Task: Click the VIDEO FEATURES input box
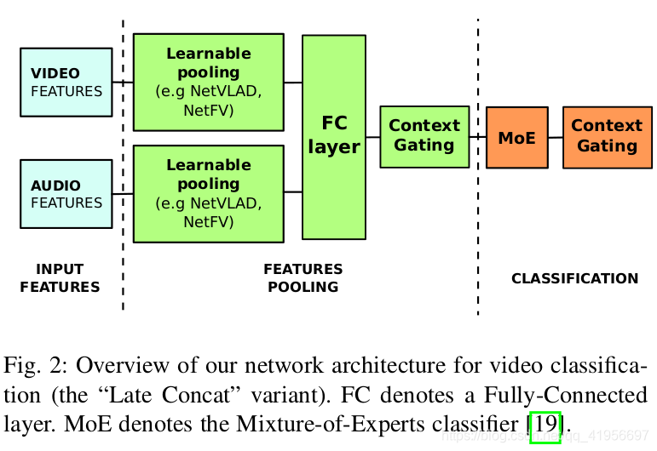(x=66, y=82)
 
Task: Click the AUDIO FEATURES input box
(x=66, y=194)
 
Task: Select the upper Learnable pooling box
(x=209, y=82)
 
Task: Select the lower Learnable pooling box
(x=209, y=194)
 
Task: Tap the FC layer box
(x=334, y=136)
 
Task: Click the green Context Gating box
(x=424, y=136)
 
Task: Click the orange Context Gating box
(x=607, y=136)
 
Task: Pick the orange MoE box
(x=517, y=136)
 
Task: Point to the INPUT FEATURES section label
(x=60, y=278)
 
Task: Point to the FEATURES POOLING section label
(x=303, y=278)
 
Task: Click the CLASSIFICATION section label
(x=574, y=278)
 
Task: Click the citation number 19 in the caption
(x=545, y=423)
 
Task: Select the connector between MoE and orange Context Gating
(x=555, y=137)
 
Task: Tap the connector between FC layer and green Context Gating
(x=372, y=137)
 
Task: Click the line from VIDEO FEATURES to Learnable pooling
(x=123, y=83)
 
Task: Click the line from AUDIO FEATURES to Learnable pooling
(x=123, y=194)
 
